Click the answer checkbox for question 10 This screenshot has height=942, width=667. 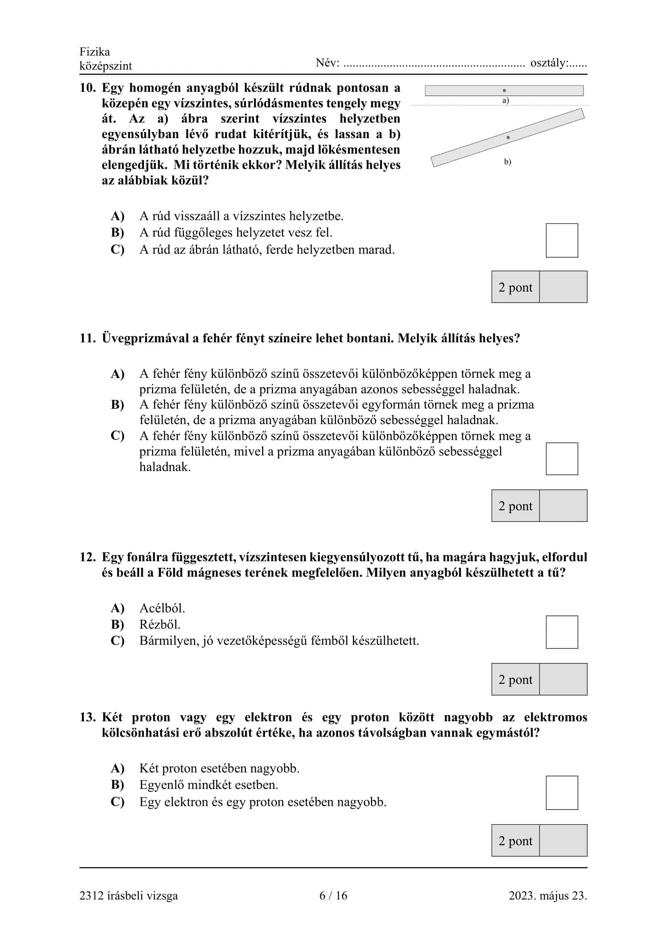pos(562,240)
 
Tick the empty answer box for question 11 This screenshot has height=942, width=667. pos(562,459)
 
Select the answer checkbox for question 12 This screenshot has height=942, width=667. pos(562,632)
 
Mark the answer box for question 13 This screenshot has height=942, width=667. pos(562,793)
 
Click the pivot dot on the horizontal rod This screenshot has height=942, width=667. pos(504,90)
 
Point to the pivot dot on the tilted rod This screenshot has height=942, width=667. pos(508,137)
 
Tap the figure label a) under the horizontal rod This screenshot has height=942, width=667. pos(506,101)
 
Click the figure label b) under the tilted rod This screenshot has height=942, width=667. pos(508,161)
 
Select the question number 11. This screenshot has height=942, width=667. pos(88,338)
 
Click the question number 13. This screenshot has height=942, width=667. pos(88,717)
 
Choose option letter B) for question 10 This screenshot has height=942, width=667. pos(117,233)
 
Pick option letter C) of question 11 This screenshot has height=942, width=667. pos(117,436)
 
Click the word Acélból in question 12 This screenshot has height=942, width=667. pos(162,608)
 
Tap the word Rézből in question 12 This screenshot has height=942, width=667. pos(160,625)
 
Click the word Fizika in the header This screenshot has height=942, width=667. pos(95,52)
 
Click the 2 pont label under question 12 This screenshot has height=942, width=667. pos(515,680)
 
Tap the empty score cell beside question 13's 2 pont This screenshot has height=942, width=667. pos(563,841)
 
